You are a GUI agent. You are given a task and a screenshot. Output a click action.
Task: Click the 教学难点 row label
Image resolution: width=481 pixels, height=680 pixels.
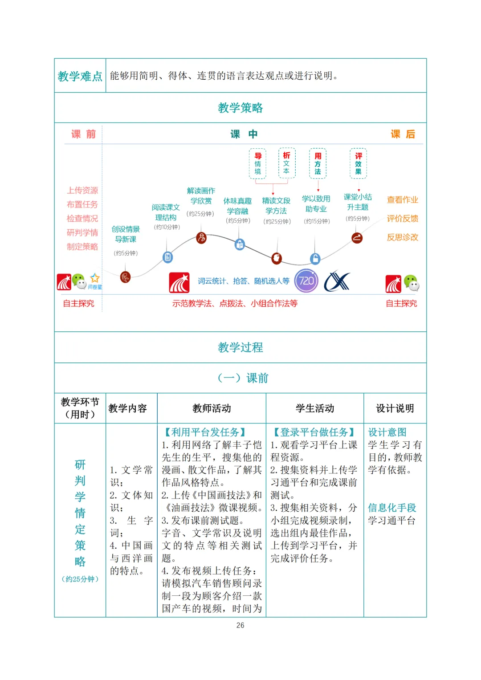coord(80,76)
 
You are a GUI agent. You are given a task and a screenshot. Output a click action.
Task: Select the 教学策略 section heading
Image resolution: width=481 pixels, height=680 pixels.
coord(240,108)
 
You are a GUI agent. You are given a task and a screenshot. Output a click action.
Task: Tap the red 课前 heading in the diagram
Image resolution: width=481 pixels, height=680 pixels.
coord(84,134)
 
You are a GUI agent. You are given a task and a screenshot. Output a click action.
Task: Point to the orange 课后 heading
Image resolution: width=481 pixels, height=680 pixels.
coord(403,134)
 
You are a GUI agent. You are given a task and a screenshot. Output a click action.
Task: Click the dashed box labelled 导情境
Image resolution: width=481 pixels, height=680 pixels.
coord(257,163)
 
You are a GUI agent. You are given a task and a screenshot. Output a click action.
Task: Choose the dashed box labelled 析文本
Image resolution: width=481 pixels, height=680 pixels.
coord(286,163)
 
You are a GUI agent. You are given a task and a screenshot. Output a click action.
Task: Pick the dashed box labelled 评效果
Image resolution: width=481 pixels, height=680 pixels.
coord(358,163)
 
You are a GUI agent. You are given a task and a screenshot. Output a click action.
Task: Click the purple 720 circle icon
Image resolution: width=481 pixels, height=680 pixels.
coord(306,281)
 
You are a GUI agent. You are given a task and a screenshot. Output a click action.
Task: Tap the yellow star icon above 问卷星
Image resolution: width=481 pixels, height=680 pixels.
coord(95,278)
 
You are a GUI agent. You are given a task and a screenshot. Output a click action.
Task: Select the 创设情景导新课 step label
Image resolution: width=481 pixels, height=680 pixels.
coord(126,234)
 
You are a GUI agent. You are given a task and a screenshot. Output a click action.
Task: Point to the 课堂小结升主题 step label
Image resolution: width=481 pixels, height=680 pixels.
coord(358,202)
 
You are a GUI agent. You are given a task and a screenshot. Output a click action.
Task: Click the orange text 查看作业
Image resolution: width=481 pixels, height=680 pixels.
coord(402,200)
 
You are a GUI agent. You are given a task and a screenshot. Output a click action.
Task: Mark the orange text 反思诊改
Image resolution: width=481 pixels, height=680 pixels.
coord(402,237)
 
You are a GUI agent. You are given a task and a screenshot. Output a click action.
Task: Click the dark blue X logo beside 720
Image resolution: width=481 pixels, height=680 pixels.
coord(337,281)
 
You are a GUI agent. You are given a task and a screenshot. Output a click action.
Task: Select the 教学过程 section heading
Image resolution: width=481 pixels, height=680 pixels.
coord(240,347)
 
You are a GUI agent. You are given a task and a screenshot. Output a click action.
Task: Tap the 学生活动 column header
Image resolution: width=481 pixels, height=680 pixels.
coord(315,408)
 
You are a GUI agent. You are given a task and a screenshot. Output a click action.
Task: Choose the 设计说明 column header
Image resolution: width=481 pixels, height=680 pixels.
coord(395,408)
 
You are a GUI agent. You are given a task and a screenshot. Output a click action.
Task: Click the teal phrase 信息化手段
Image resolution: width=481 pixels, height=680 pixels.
coord(392,508)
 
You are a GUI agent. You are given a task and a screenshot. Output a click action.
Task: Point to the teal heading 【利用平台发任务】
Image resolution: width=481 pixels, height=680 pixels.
coord(205,432)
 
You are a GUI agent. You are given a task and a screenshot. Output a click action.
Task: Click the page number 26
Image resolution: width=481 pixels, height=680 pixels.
coord(240,625)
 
